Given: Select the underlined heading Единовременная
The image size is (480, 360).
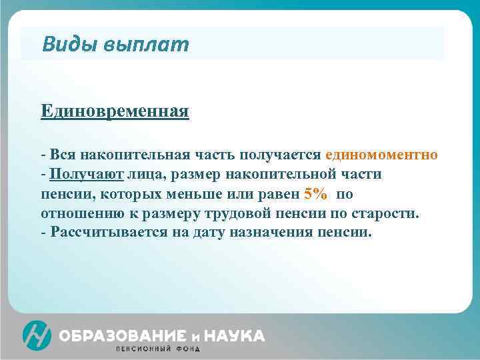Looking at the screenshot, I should coord(115,110).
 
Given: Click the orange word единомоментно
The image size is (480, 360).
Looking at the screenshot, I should coord(382,155).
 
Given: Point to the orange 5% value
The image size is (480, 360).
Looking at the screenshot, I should coord(315,195).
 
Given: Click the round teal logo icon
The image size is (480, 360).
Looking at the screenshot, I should coord(37,335).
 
